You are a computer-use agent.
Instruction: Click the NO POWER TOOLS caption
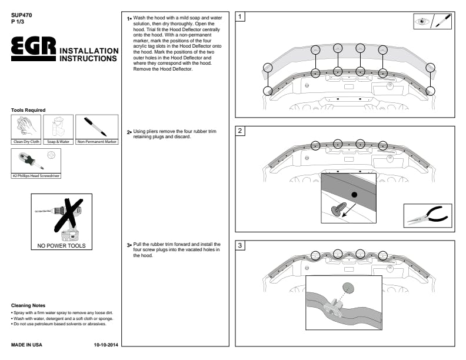62,246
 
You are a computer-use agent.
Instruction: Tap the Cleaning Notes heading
28,306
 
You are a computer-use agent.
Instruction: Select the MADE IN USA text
26,344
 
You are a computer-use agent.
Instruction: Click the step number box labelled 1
241,17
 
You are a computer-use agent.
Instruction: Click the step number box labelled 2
241,132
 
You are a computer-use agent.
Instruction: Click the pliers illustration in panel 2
428,216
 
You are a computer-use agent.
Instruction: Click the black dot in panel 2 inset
354,194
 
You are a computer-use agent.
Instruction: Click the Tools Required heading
28,110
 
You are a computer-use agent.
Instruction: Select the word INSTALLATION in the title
88,51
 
